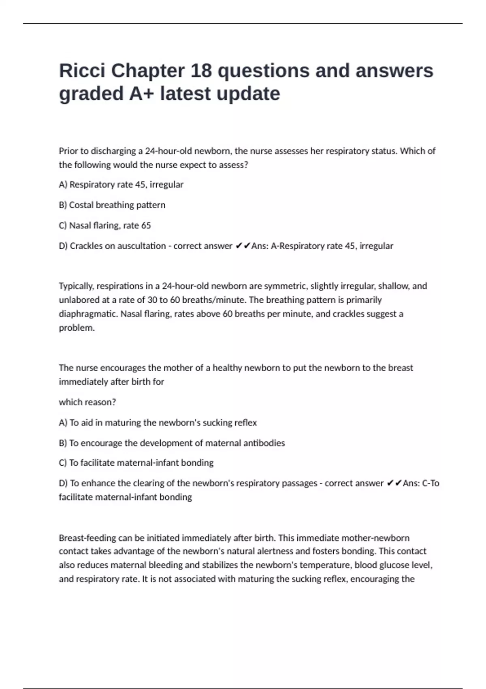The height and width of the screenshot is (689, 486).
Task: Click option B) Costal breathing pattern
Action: point(112,205)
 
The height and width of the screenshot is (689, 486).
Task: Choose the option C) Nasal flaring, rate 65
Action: point(105,225)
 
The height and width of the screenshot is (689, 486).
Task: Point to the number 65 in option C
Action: point(146,225)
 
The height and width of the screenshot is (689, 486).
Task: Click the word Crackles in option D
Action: point(86,246)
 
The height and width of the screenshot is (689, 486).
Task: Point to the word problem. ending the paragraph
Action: point(77,328)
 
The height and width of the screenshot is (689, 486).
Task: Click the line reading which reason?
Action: point(87,402)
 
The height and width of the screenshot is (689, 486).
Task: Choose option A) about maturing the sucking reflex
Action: point(158,423)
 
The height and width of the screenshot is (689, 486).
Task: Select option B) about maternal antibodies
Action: point(172,443)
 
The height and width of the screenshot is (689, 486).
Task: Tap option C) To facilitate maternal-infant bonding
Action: point(136,463)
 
